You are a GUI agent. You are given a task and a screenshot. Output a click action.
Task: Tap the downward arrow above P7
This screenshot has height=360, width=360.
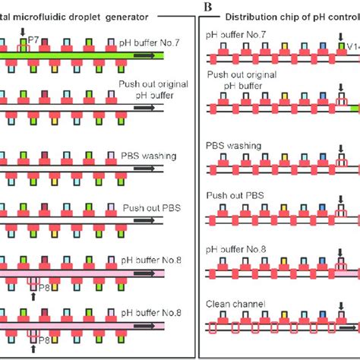[x=23, y=30]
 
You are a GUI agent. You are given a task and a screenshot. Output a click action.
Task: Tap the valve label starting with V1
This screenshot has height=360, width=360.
[x=351, y=46]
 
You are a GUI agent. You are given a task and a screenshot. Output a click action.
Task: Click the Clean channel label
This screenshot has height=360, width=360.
[x=234, y=304]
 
